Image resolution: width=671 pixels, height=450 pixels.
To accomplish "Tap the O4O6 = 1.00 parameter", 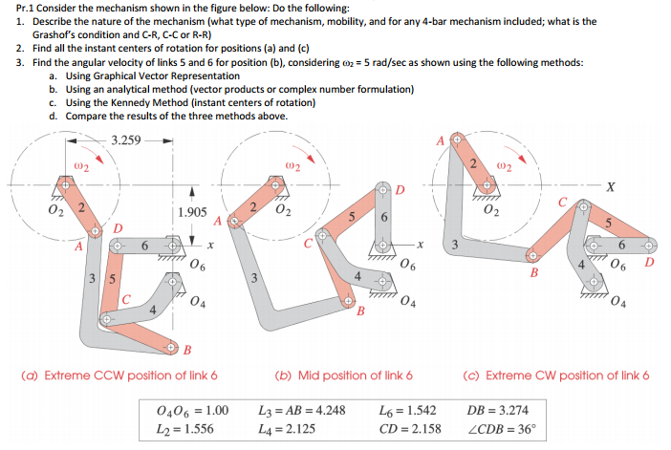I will tap(192, 411).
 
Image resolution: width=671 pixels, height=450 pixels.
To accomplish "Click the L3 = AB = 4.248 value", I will tap(301, 411).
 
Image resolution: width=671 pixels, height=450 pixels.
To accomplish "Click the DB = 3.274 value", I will tap(496, 411).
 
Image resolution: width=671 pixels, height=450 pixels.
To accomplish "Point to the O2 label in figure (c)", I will tap(491, 209).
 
